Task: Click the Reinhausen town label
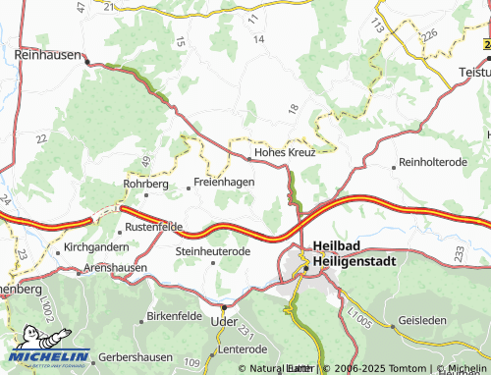pyautogui.click(x=47, y=55)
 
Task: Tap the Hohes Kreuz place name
pyautogui.click(x=285, y=153)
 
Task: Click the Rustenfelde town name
pyautogui.click(x=156, y=227)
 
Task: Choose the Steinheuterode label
pyautogui.click(x=213, y=251)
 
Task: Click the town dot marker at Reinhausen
pyautogui.click(x=86, y=62)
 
